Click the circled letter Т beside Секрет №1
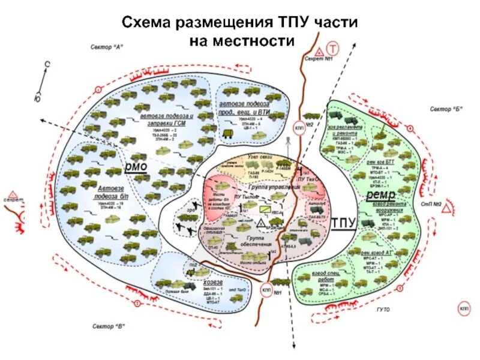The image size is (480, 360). pyautogui.click(x=332, y=49)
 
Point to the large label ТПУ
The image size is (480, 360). pyautogui.click(x=344, y=223)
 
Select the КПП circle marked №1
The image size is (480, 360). pyautogui.click(x=266, y=290)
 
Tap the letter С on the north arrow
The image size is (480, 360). pyautogui.click(x=46, y=62)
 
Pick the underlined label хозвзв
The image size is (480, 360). pyautogui.click(x=211, y=283)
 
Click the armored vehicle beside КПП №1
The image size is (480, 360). pyautogui.click(x=278, y=280)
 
